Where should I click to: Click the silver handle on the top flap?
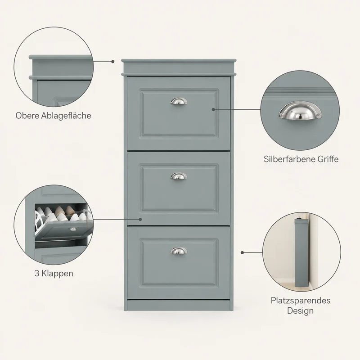pos(179,101)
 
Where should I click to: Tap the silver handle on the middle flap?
pos(179,176)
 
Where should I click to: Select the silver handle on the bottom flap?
pos(179,251)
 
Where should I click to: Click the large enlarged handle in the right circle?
pos(300,111)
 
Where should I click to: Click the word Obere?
pos(27,116)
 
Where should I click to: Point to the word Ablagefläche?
pos(66,116)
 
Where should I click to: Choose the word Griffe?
pos(328,159)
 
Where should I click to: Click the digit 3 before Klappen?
pos(37,274)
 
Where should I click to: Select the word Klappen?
pos(58,274)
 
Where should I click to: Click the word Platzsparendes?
pos(301,301)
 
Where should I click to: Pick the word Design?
pos(300,311)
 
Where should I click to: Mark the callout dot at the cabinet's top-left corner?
pos(113,62)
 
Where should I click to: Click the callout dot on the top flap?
pos(213,109)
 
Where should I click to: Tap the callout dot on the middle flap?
pos(140,219)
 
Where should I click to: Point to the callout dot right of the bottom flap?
pos(242,252)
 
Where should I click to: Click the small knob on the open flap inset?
pos(73,229)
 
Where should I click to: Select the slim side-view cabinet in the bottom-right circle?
pos(301,252)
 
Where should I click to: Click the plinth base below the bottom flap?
pos(179,305)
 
